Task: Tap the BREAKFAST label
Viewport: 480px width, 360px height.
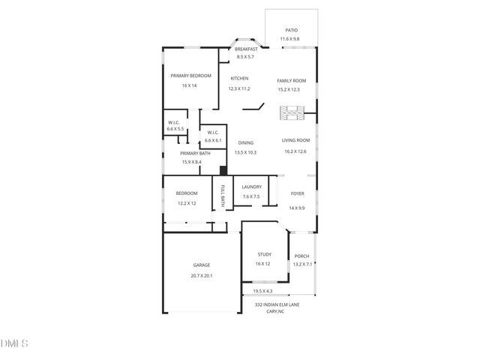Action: click(246, 49)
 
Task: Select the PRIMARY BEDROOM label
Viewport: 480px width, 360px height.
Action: click(190, 76)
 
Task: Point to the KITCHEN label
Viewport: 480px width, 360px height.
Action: click(239, 79)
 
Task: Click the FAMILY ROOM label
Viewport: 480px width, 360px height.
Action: click(292, 80)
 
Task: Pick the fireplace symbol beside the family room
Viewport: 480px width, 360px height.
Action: click(292, 114)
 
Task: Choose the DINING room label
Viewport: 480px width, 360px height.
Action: click(246, 142)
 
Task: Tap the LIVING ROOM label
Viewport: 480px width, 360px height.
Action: click(295, 141)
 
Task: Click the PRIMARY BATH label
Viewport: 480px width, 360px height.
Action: click(195, 153)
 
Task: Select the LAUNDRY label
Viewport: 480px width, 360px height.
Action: click(251, 187)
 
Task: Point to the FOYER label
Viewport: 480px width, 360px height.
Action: click(297, 194)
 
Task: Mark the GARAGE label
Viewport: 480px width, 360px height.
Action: click(202, 265)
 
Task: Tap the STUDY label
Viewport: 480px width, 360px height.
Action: click(262, 255)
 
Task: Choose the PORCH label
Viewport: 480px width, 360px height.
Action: click(301, 256)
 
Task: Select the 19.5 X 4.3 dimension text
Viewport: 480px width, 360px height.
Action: click(262, 291)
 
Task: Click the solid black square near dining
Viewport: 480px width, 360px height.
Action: click(223, 170)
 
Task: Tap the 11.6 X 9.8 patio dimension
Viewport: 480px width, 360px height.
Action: click(289, 39)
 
